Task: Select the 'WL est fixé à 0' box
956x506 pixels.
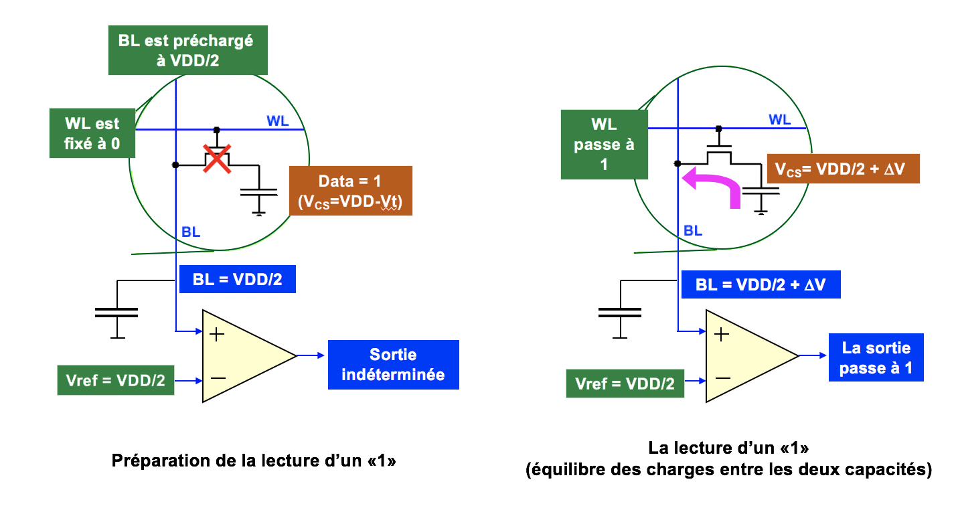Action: tap(92, 134)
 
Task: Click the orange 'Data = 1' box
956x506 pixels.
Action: tap(351, 191)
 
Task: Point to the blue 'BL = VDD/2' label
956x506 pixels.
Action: tap(237, 279)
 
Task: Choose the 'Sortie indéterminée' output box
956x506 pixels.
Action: tap(393, 365)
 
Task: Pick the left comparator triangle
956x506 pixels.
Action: tap(241, 356)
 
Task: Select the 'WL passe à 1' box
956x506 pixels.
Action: tap(604, 145)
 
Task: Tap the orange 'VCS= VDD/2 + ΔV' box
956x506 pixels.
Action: tap(843, 169)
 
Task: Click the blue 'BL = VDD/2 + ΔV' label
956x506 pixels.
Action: tap(760, 284)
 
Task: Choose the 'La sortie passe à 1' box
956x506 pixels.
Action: tap(876, 358)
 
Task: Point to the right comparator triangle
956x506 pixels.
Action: tap(744, 356)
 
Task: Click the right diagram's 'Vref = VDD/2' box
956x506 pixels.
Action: tap(625, 384)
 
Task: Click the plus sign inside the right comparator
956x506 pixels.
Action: tap(721, 335)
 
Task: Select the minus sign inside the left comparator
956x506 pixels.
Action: tap(218, 379)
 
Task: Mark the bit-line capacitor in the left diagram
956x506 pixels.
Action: tap(116, 312)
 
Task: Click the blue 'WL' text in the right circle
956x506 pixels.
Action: tap(779, 120)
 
